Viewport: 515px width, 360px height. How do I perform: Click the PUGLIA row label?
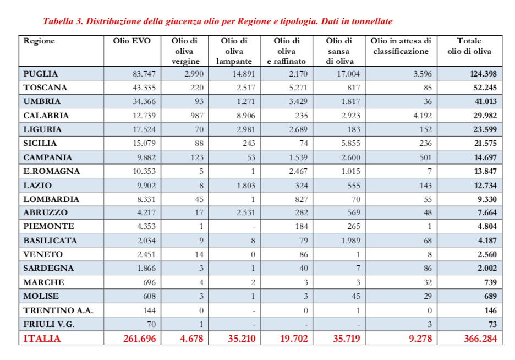[41, 74]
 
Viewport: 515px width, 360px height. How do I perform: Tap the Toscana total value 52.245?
[481, 88]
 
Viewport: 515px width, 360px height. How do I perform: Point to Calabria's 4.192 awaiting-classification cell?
[421, 116]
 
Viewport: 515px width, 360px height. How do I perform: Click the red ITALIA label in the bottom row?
[42, 339]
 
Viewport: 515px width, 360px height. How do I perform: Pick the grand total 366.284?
[480, 339]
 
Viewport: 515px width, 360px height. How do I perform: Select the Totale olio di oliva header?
[469, 46]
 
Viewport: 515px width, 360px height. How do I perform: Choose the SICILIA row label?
[40, 143]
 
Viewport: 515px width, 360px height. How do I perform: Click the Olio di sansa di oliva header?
[339, 51]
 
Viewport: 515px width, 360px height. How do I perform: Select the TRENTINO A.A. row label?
[58, 310]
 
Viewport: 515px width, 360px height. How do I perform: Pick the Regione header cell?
[40, 41]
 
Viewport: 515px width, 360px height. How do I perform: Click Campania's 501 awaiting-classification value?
[424, 157]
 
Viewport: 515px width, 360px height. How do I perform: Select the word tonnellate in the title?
[371, 21]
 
